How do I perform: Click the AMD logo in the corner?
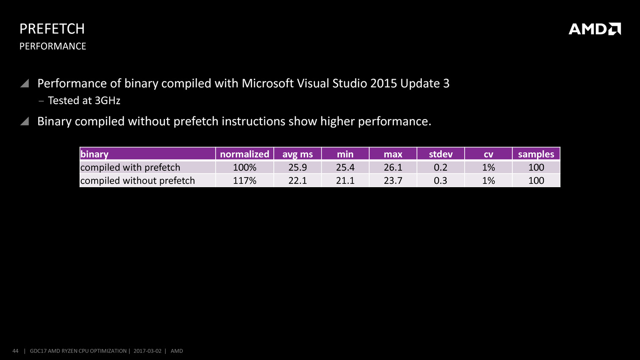(x=594, y=29)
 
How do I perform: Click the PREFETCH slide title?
(x=52, y=29)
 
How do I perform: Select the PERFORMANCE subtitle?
(x=53, y=46)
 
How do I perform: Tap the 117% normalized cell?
(x=245, y=180)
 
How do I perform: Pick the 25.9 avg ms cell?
(x=298, y=167)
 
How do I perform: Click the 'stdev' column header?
(x=440, y=154)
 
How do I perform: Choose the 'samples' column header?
(x=536, y=154)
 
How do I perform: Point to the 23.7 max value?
(x=393, y=180)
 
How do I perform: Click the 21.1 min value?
(x=345, y=180)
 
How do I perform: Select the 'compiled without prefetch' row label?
(x=138, y=180)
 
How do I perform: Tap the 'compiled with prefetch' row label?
(x=130, y=167)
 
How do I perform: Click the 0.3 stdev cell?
(x=440, y=180)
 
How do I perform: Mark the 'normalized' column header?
(x=245, y=154)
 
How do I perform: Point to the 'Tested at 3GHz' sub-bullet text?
(x=84, y=100)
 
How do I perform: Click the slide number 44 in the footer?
(x=16, y=351)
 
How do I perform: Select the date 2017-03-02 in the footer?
(x=147, y=351)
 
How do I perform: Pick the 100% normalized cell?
(x=245, y=167)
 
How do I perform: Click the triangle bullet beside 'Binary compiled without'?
(x=25, y=122)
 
